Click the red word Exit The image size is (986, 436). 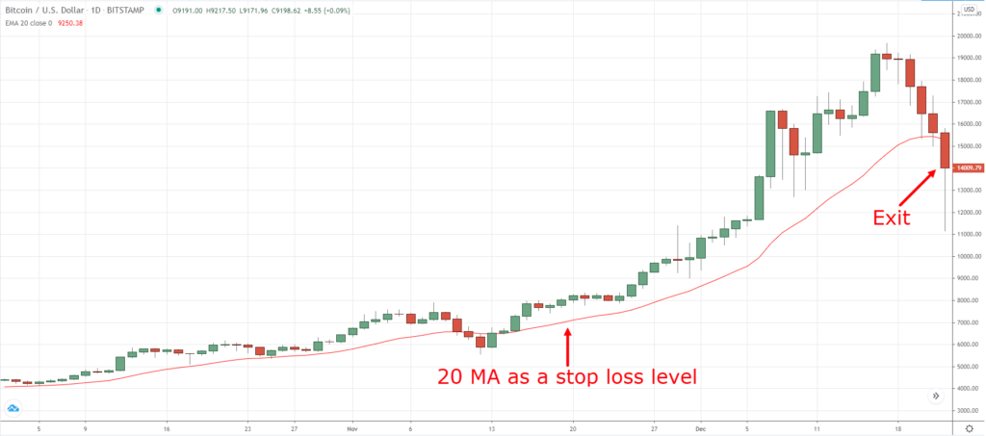point(891,218)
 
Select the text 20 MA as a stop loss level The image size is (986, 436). point(566,374)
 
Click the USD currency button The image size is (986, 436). point(969,11)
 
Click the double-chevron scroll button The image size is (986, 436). point(936,396)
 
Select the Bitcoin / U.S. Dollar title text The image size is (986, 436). point(43,11)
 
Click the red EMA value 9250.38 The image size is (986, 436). point(71,23)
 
